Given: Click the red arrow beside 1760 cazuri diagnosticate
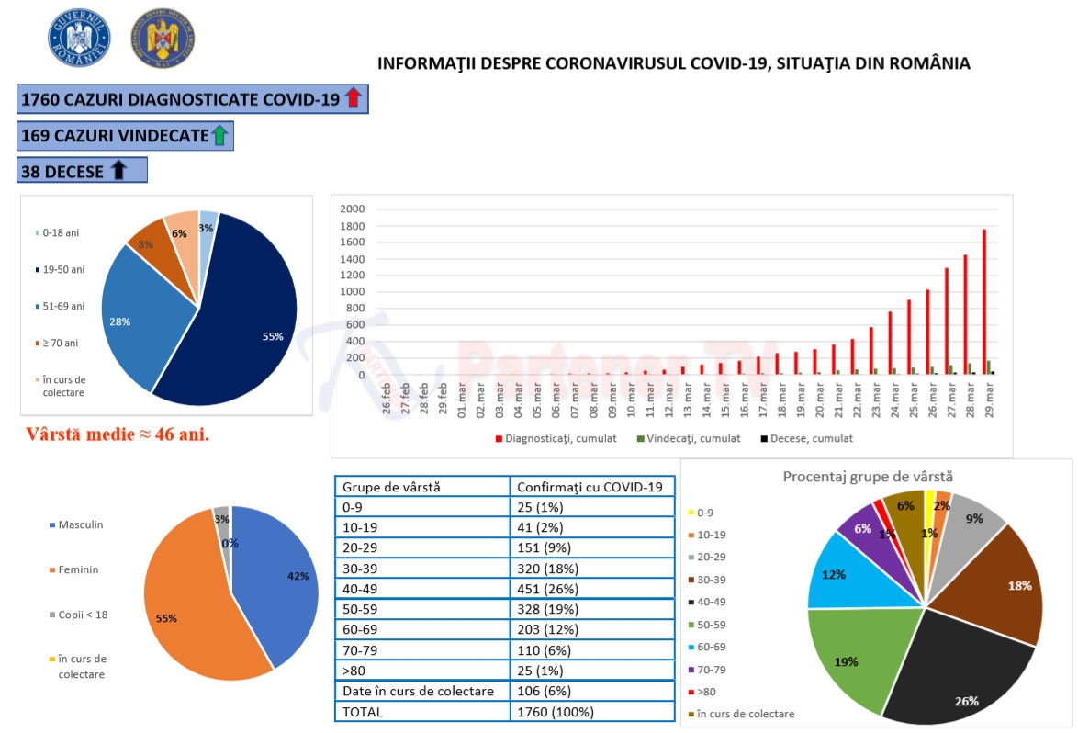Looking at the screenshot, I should point(354,99).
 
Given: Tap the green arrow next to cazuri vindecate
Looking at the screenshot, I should point(219,136).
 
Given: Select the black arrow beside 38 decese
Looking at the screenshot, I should point(118,171).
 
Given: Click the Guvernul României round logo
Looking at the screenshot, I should point(79,38).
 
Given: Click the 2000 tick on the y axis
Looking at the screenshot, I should point(353,209).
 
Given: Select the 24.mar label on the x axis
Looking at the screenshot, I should point(891,398).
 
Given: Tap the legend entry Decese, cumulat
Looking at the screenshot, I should point(805,439).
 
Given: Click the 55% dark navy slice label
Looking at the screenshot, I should point(273,337).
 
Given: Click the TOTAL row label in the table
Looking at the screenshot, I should point(363,711).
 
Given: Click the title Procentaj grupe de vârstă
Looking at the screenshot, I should point(868,477).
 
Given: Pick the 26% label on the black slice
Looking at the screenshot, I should point(966,701).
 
